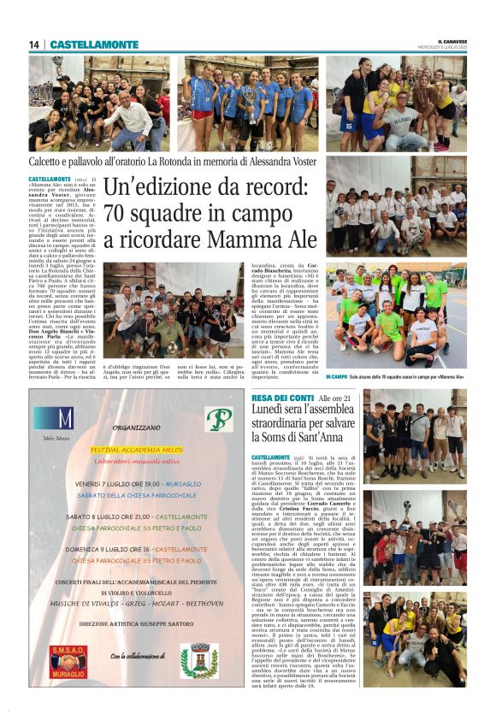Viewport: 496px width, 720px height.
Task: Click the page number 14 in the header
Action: click(34, 44)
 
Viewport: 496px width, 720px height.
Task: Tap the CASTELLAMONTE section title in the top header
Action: click(94, 44)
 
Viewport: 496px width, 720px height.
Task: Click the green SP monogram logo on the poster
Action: click(218, 419)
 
